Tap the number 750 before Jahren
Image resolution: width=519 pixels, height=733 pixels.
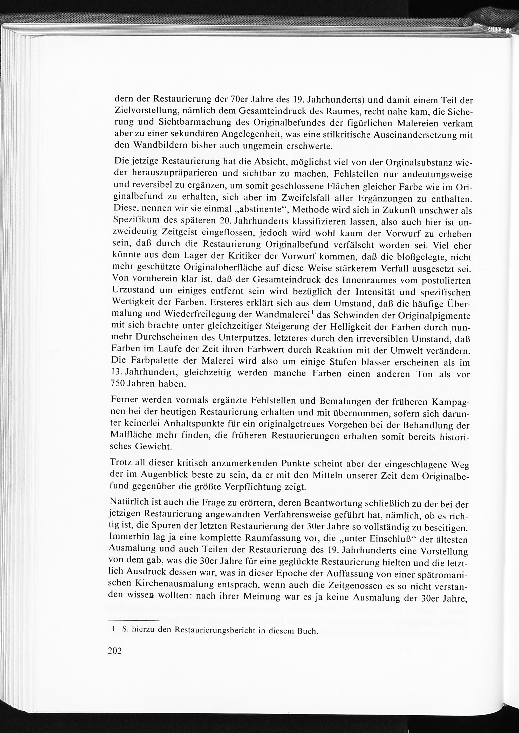(x=117, y=384)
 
